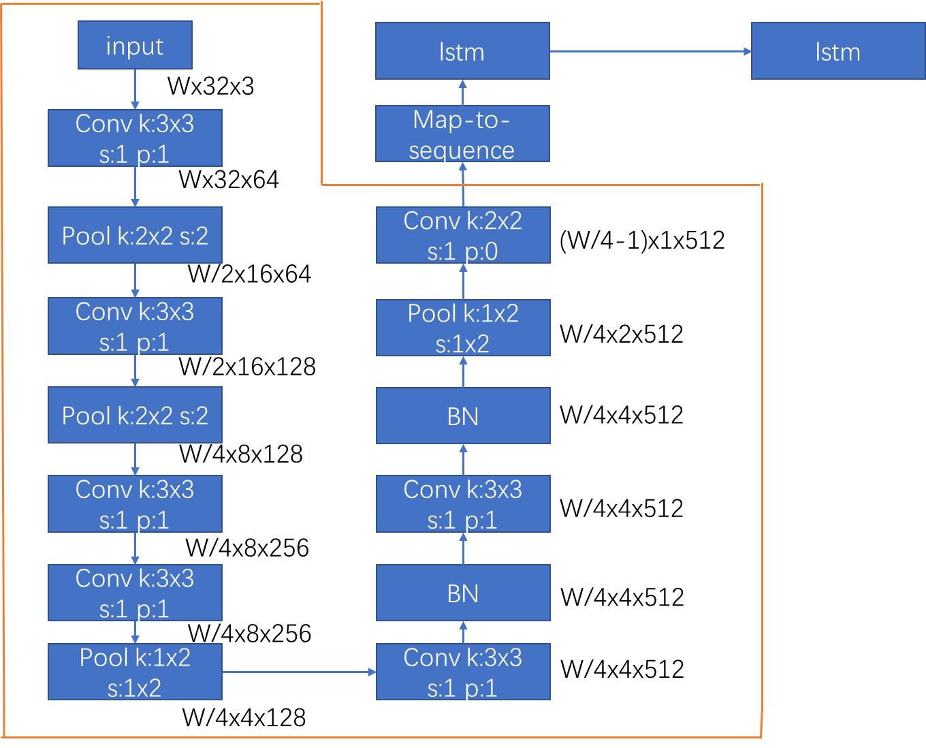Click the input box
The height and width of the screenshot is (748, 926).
[135, 45]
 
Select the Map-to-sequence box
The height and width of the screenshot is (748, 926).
[462, 134]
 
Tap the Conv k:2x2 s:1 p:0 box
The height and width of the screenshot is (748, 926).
[463, 235]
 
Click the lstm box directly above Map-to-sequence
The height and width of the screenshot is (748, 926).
[462, 51]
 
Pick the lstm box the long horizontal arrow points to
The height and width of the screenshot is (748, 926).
[837, 51]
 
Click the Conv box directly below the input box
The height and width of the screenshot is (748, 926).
[135, 138]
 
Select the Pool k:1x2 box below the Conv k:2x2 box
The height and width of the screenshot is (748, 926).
[463, 328]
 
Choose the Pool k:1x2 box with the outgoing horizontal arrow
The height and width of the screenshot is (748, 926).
[135, 672]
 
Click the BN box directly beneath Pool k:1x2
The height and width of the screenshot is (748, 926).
[463, 416]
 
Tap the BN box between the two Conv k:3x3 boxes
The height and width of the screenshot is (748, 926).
[463, 593]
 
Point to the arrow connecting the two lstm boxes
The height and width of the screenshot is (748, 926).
[650, 51]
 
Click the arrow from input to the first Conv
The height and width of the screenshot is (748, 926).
[135, 89]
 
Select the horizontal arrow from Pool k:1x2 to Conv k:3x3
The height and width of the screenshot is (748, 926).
[299, 672]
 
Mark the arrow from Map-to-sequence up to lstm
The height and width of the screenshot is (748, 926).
[463, 93]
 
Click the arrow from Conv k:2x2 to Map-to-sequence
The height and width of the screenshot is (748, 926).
[463, 185]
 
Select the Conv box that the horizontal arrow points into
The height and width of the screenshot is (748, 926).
[463, 672]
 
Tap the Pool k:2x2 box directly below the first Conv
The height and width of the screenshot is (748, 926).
[135, 235]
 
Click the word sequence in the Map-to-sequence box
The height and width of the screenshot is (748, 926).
[462, 151]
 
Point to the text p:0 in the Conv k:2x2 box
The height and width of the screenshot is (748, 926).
[481, 252]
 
